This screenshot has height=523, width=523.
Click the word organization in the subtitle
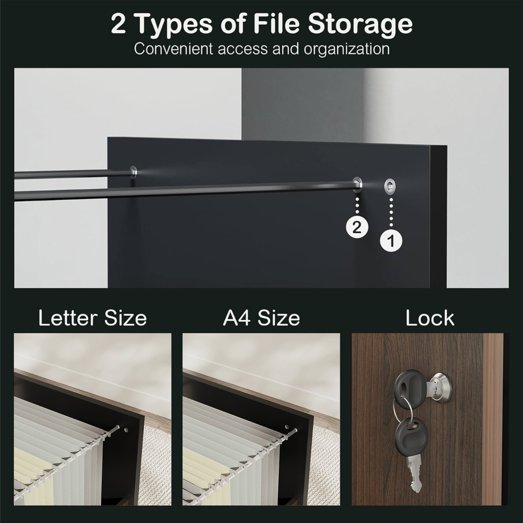tap(346, 49)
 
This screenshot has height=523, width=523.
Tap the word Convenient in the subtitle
tap(174, 49)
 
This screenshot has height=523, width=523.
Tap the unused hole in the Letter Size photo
tap(126, 430)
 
